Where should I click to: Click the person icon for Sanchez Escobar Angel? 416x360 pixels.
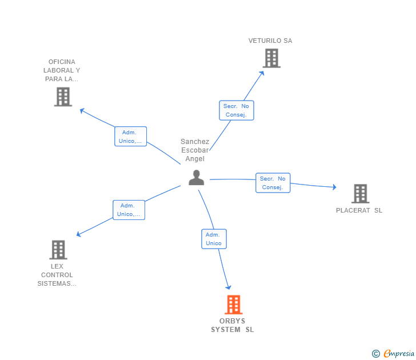(196, 178)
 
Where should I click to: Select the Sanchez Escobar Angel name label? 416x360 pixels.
(195, 150)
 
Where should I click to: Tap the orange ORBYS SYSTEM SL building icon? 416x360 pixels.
(233, 305)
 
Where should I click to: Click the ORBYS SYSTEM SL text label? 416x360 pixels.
(233, 325)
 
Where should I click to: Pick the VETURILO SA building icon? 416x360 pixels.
(271, 58)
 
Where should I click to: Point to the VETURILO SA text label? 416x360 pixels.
(270, 41)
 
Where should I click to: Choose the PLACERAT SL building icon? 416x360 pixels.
(360, 194)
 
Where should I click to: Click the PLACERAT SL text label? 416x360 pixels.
(359, 210)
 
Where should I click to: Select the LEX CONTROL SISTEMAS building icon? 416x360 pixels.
(58, 250)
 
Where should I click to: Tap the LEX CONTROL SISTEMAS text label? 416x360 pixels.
(57, 275)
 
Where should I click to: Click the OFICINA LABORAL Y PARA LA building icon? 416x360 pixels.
(63, 97)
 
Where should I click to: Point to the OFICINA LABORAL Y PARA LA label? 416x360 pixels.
(62, 70)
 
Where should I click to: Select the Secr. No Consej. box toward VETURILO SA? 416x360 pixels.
(237, 110)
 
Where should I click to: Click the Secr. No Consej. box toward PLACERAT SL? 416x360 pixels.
(273, 183)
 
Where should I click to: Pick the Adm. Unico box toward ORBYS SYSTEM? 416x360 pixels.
(214, 239)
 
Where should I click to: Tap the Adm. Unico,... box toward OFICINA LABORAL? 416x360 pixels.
(130, 137)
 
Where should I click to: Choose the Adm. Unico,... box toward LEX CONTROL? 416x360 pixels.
(129, 210)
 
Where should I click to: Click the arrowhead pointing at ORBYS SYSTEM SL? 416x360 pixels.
(229, 287)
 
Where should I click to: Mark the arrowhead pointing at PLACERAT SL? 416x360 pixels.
(334, 187)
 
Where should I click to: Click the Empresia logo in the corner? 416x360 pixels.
(394, 354)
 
